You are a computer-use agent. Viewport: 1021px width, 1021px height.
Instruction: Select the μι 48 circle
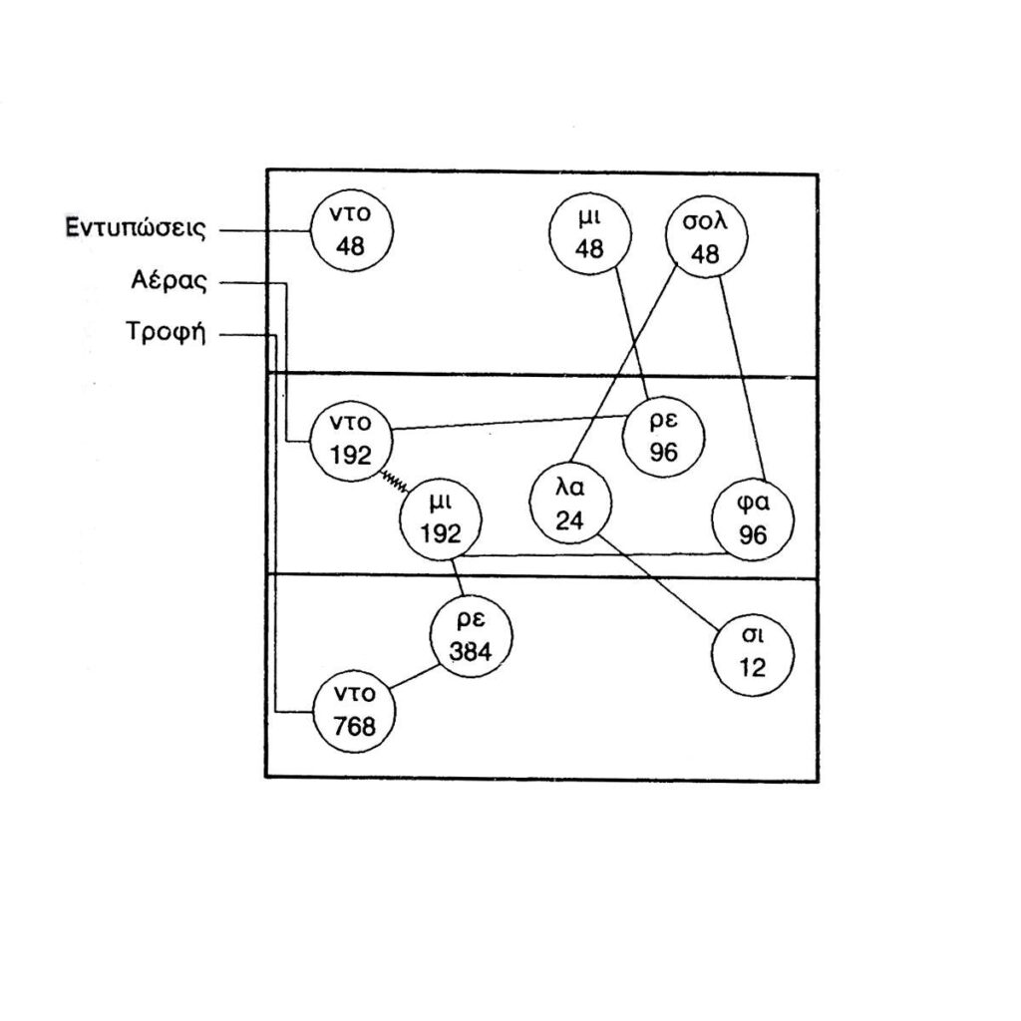(590, 235)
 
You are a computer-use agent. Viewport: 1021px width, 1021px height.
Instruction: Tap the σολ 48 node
(706, 237)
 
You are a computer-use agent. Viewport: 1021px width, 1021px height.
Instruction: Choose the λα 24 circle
(569, 506)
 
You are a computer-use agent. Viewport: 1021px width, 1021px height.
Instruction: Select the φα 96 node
(754, 520)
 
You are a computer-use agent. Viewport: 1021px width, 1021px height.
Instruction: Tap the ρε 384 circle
(471, 637)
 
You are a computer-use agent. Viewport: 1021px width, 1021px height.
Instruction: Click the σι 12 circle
(753, 654)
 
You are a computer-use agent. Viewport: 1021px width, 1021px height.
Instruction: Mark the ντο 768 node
(354, 713)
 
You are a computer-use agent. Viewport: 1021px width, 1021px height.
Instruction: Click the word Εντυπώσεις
(137, 228)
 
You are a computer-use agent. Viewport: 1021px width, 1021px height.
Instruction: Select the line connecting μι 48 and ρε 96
(626, 329)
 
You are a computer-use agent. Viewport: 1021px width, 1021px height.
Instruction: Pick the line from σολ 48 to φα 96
(741, 369)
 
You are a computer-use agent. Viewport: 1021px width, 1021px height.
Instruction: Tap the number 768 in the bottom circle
(354, 727)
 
